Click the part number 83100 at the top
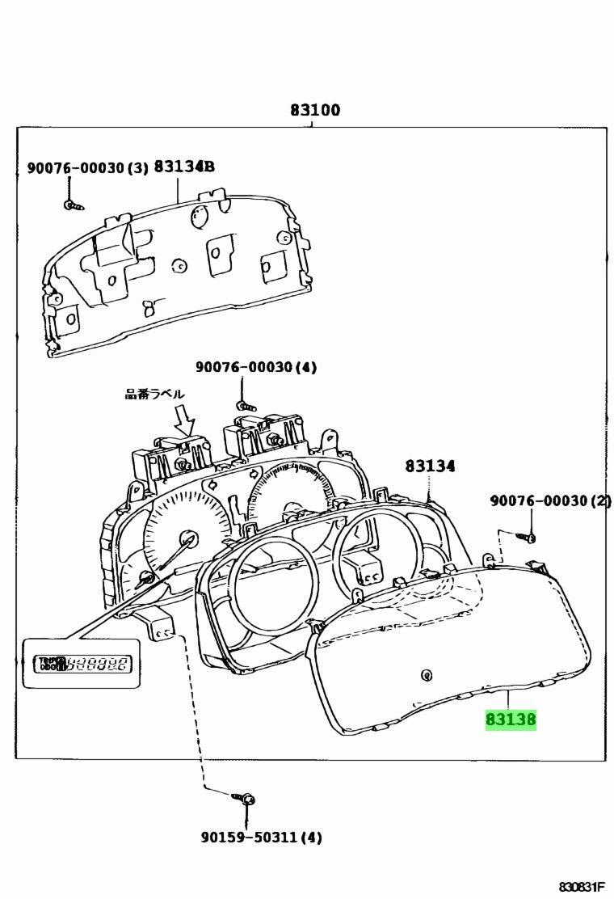pyautogui.click(x=315, y=110)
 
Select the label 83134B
pyautogui.click(x=184, y=167)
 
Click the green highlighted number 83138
pyautogui.click(x=510, y=719)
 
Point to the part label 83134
pyautogui.click(x=430, y=466)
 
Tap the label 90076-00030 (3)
pyautogui.click(x=87, y=168)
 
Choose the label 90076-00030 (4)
pyautogui.click(x=255, y=367)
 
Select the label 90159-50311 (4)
pyautogui.click(x=261, y=838)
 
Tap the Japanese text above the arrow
pyautogui.click(x=154, y=394)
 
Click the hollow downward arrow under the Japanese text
pyautogui.click(x=186, y=420)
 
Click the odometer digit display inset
pyautogui.click(x=78, y=664)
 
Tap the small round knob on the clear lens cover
pyautogui.click(x=425, y=673)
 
